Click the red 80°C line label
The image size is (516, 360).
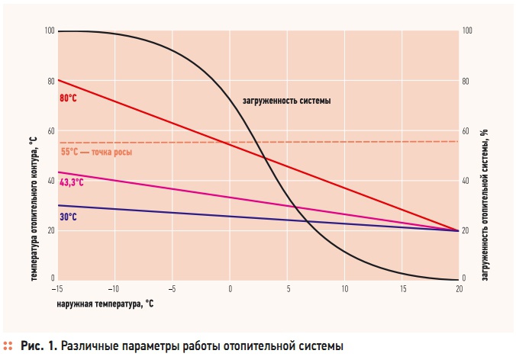pos(68,98)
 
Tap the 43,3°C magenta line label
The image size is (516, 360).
pos(71,183)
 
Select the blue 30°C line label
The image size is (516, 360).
pos(68,217)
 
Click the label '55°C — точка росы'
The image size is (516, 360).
pos(96,152)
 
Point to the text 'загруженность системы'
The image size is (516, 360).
pos(286,101)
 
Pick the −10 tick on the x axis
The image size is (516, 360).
pos(114,289)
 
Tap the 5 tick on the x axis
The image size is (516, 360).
pos(288,289)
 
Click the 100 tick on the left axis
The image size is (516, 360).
pos(50,31)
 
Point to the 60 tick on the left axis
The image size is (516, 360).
pos(51,131)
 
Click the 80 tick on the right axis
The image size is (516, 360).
pos(466,81)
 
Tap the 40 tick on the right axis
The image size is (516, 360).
pos(466,181)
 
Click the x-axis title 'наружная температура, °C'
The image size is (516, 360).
pos(105,303)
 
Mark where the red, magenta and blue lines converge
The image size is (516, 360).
pos(458,230)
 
